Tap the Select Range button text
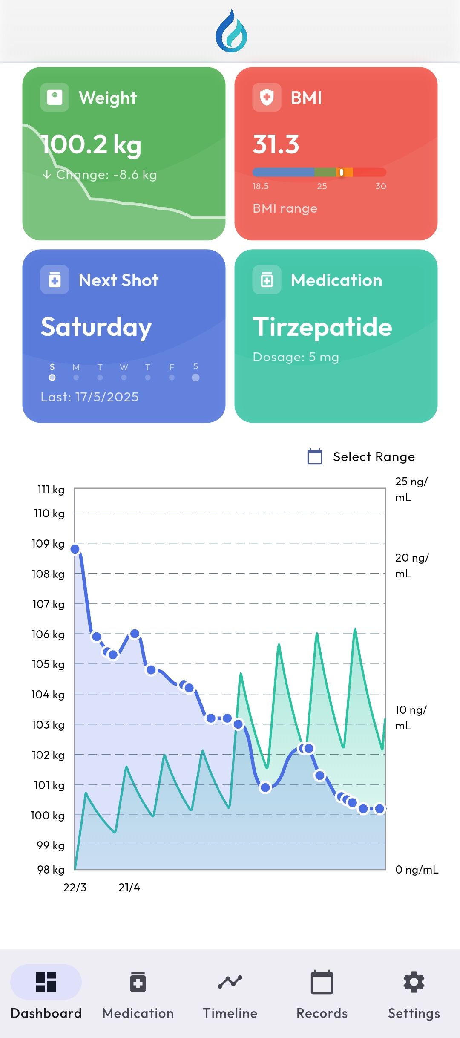[x=374, y=457]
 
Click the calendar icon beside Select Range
[x=315, y=456]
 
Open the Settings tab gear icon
[x=414, y=982]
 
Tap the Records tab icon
[x=322, y=982]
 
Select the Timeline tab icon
[x=230, y=982]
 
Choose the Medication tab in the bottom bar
[x=138, y=993]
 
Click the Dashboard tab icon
[x=46, y=982]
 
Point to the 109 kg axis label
[x=48, y=544]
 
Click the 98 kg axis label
[x=51, y=870]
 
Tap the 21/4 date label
[x=129, y=888]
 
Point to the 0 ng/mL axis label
[x=417, y=870]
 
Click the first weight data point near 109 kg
[x=75, y=549]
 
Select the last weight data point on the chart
[x=379, y=808]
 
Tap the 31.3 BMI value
[x=276, y=144]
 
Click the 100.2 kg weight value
[x=91, y=145]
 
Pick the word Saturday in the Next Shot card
[x=96, y=327]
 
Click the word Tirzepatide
[x=322, y=327]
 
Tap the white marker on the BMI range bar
[x=342, y=172]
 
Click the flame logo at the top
[x=231, y=32]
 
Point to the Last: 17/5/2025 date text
[x=89, y=397]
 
